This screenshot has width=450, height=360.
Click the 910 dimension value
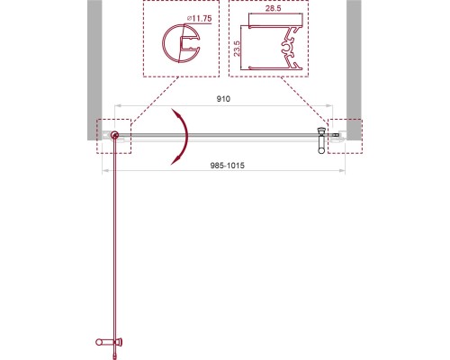tap(223, 99)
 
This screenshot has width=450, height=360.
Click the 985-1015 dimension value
tap(228, 166)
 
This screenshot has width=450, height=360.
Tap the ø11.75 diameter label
tap(199, 19)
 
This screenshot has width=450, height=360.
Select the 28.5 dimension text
tap(274, 8)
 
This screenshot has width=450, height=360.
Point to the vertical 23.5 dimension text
tap(237, 48)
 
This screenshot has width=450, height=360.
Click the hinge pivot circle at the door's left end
tap(114, 135)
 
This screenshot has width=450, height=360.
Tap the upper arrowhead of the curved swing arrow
tap(177, 114)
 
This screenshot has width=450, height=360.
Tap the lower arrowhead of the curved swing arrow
tap(176, 159)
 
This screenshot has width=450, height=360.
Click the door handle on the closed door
tap(321, 140)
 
